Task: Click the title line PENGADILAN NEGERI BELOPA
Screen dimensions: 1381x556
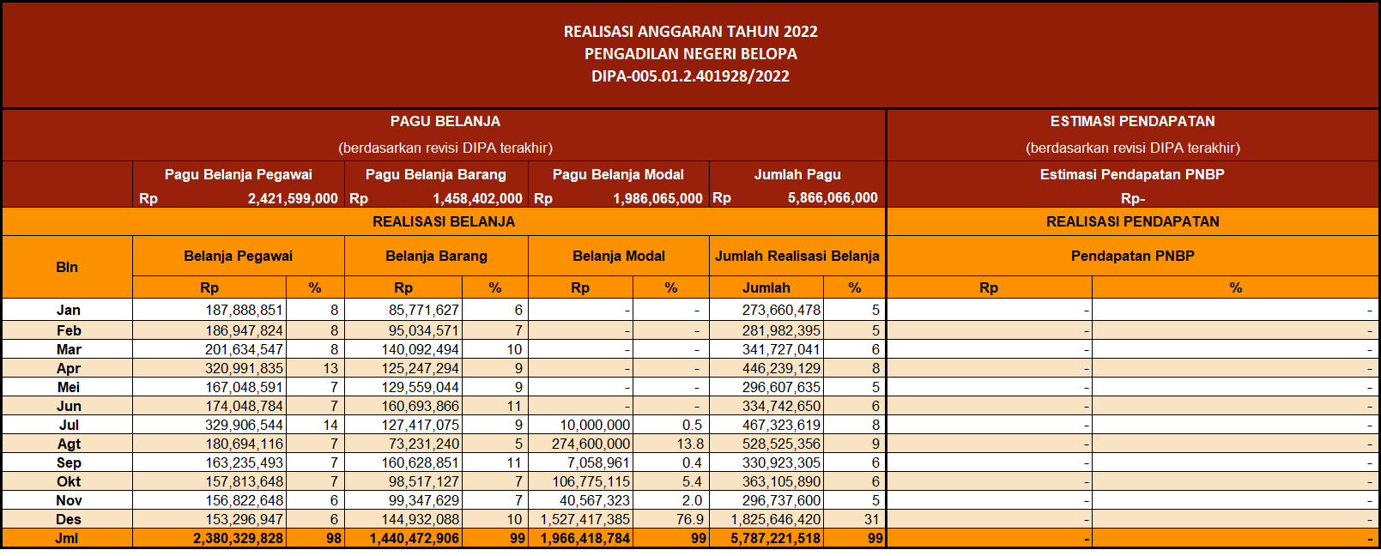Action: pyautogui.click(x=690, y=54)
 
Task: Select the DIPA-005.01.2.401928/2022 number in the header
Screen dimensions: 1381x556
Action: pyautogui.click(x=690, y=76)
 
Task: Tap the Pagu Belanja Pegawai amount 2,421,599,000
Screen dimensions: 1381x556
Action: pyautogui.click(x=293, y=198)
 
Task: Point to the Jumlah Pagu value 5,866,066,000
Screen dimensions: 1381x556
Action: pyautogui.click(x=833, y=198)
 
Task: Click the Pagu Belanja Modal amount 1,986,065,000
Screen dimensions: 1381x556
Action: pyautogui.click(x=657, y=198)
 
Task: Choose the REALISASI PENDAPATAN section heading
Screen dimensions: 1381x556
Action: pyautogui.click(x=1133, y=222)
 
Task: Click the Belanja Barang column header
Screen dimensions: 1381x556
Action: pyautogui.click(x=437, y=256)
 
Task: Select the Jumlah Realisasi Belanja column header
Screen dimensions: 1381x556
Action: pyautogui.click(x=797, y=256)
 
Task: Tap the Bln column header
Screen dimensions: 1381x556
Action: pyautogui.click(x=67, y=268)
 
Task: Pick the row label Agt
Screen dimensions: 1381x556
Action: pyautogui.click(x=69, y=444)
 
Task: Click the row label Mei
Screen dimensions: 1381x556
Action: pyautogui.click(x=69, y=387)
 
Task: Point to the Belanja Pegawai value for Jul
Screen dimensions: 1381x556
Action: pyautogui.click(x=244, y=425)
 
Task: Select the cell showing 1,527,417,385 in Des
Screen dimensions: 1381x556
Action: pyautogui.click(x=585, y=519)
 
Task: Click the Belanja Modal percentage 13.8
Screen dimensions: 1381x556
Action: pyautogui.click(x=690, y=444)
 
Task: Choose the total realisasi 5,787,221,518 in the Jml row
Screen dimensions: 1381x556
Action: pyautogui.click(x=776, y=538)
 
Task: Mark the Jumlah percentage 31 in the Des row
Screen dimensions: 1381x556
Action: pyautogui.click(x=871, y=519)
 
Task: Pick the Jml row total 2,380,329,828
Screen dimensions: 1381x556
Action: pyautogui.click(x=239, y=538)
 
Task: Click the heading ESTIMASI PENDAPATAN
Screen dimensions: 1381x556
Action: pyautogui.click(x=1133, y=122)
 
